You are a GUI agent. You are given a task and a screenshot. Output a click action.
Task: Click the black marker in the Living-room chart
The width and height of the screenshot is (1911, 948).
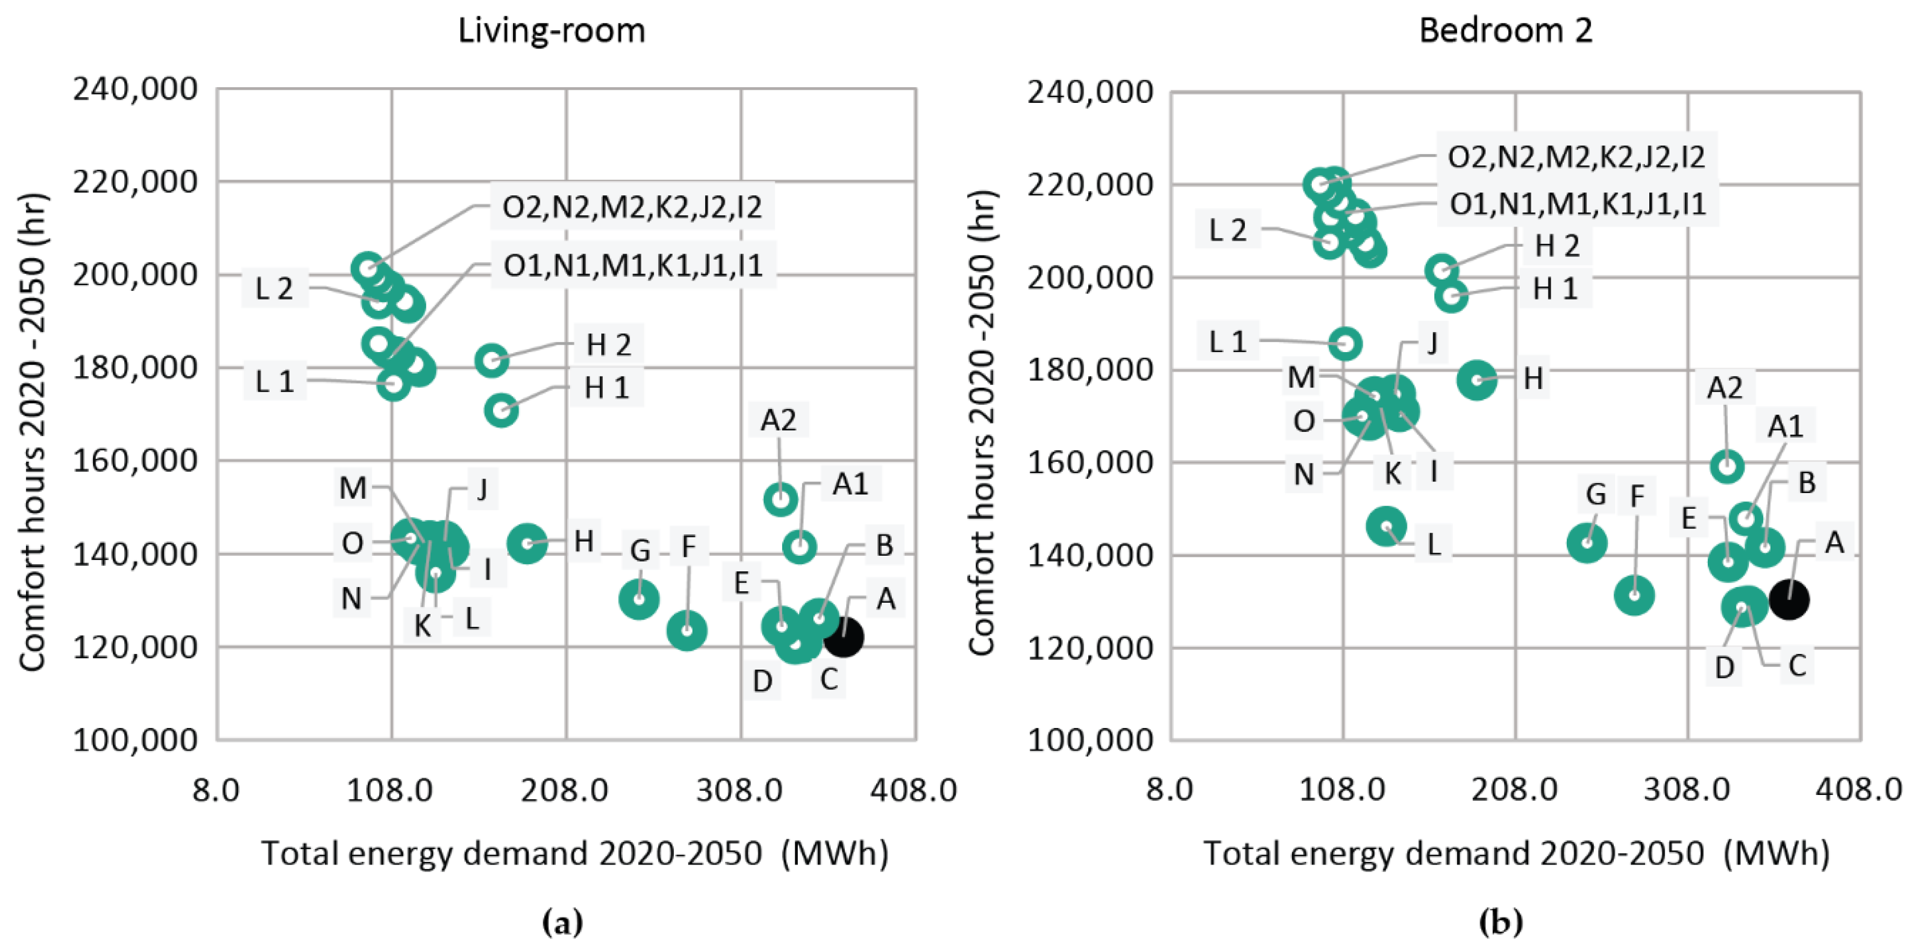[844, 637]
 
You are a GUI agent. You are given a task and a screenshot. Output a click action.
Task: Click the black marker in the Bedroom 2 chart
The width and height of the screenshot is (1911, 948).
[1789, 600]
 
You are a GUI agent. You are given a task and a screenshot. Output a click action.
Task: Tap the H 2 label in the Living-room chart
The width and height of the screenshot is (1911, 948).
[608, 345]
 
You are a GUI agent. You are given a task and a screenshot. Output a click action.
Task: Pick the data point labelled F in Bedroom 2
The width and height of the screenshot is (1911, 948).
[1634, 595]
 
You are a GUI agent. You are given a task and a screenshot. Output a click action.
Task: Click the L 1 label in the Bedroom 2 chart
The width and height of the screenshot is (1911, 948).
[1227, 342]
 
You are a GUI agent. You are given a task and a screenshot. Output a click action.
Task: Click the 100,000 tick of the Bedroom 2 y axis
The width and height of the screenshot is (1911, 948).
[1089, 740]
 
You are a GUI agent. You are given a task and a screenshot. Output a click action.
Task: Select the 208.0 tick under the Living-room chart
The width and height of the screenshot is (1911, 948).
[565, 791]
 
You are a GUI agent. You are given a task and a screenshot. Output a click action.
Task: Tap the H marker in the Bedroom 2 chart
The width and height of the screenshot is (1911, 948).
[1477, 380]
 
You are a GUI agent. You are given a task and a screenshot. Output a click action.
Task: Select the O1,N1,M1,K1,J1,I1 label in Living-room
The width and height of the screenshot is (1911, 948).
[633, 265]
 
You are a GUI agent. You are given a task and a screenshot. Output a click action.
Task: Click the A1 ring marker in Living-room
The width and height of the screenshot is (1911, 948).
[800, 547]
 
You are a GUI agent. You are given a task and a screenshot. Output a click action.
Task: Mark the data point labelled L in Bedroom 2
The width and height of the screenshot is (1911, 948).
[1386, 526]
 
